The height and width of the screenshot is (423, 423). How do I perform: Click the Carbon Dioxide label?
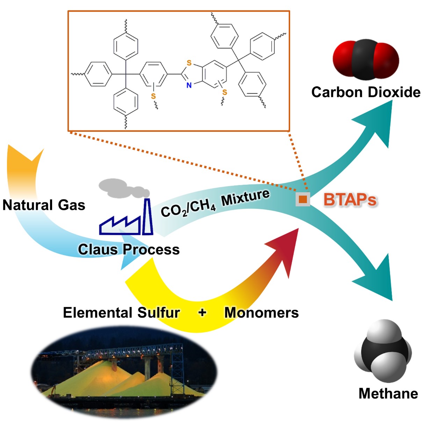(366, 92)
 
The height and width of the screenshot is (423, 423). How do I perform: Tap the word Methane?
(388, 393)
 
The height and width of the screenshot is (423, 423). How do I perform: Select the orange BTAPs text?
(350, 200)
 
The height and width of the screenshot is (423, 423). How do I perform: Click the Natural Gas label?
(44, 205)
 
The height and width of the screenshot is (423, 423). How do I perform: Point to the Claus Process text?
(129, 250)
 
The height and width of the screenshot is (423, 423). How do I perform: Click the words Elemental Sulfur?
(121, 313)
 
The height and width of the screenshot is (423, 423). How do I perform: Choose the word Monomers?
(261, 313)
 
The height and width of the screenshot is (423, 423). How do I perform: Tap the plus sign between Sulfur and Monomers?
(202, 312)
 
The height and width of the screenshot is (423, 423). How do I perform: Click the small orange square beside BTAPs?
(303, 199)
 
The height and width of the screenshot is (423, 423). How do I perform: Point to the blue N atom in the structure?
(189, 85)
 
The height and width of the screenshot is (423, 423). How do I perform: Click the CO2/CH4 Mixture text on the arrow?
(215, 203)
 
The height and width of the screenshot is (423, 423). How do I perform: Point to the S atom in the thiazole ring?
(189, 63)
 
